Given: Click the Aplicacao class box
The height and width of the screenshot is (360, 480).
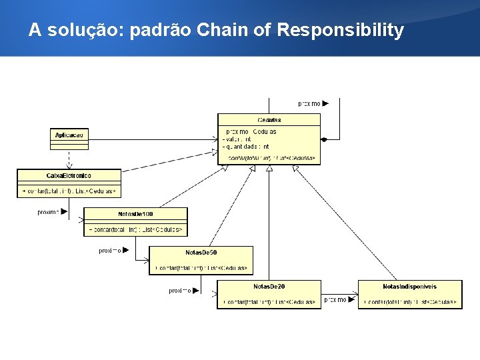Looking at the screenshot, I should [x=69, y=135].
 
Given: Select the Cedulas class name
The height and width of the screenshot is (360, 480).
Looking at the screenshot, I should [x=269, y=120].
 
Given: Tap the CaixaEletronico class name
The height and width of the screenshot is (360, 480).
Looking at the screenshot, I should [x=69, y=175].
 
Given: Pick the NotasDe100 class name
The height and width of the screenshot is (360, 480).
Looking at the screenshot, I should [x=135, y=214].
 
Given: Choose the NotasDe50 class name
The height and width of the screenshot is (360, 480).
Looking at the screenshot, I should [x=201, y=253].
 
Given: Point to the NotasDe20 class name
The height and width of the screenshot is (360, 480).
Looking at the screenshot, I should [x=269, y=287].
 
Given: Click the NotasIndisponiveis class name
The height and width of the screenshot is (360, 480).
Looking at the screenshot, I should [x=409, y=287].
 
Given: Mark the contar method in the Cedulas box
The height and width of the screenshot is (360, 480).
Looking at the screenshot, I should [x=271, y=158].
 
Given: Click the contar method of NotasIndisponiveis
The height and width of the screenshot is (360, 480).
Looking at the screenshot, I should [x=409, y=302].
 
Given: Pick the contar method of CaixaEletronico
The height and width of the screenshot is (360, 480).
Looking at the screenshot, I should [x=69, y=191].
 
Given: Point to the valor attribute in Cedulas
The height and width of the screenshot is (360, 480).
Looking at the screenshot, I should [x=236, y=139].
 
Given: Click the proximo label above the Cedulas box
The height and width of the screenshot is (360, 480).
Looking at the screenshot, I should [x=309, y=103].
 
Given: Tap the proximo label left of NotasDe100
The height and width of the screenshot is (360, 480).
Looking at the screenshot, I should [x=49, y=212].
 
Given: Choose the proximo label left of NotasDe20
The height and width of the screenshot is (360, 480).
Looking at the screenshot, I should [x=180, y=291].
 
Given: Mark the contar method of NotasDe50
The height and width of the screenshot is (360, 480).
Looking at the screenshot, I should [x=201, y=268].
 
